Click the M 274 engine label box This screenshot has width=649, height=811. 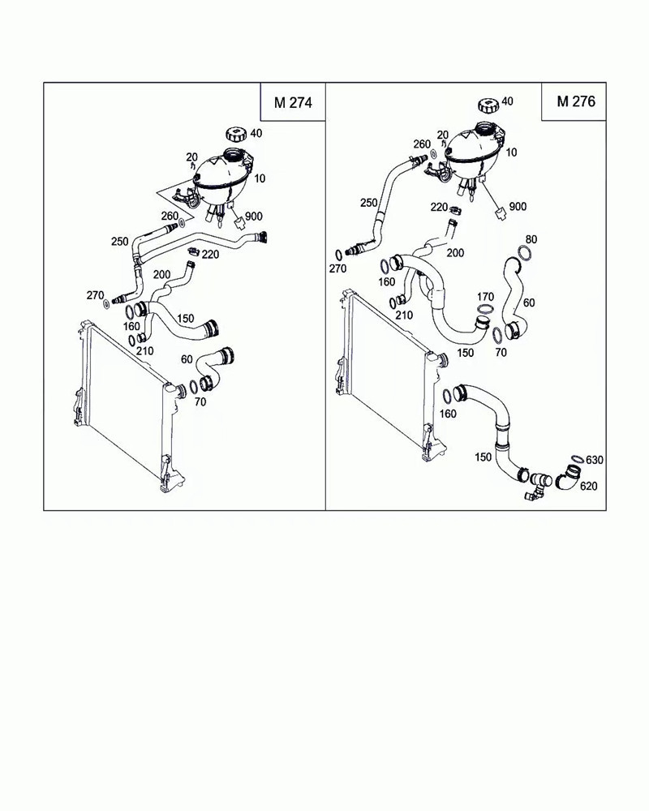292,102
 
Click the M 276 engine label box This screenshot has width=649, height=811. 575,101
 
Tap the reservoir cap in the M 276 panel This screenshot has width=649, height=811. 488,105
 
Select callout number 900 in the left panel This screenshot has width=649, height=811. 253,217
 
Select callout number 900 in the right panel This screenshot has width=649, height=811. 517,207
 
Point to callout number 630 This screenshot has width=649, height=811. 595,460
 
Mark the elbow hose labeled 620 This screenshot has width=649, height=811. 569,478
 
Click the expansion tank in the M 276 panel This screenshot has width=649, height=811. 475,151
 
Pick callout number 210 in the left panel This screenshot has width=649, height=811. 145,351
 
